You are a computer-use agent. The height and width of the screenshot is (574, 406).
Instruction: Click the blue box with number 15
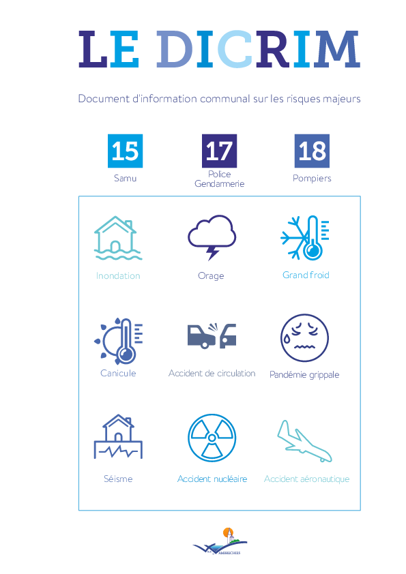(x=125, y=151)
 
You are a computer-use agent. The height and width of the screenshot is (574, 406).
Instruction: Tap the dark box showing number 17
(x=219, y=151)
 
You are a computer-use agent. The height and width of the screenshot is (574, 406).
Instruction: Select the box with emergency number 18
(x=312, y=151)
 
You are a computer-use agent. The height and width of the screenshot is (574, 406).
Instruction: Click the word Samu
(x=125, y=179)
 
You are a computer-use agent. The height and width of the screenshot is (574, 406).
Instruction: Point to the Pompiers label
(x=312, y=179)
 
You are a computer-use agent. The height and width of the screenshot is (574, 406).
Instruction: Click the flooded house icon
(x=118, y=238)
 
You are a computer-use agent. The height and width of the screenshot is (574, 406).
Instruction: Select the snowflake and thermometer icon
(x=305, y=238)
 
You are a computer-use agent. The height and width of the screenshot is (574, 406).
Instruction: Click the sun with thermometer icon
(x=118, y=341)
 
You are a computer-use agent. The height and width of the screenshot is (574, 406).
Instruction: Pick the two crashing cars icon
(x=212, y=335)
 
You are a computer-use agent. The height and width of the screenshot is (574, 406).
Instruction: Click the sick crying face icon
(x=304, y=338)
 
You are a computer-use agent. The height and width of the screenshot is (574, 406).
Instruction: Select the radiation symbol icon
(x=212, y=438)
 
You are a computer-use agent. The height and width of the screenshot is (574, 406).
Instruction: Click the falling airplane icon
(x=304, y=441)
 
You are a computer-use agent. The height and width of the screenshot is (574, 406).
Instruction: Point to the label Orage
(x=211, y=275)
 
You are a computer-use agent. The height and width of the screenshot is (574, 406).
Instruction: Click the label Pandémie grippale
(x=304, y=374)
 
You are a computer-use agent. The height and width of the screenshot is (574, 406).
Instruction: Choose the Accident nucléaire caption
(x=212, y=479)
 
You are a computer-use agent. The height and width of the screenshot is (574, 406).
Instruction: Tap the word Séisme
(x=118, y=479)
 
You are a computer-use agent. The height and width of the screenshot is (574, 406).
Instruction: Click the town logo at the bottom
(x=220, y=542)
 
